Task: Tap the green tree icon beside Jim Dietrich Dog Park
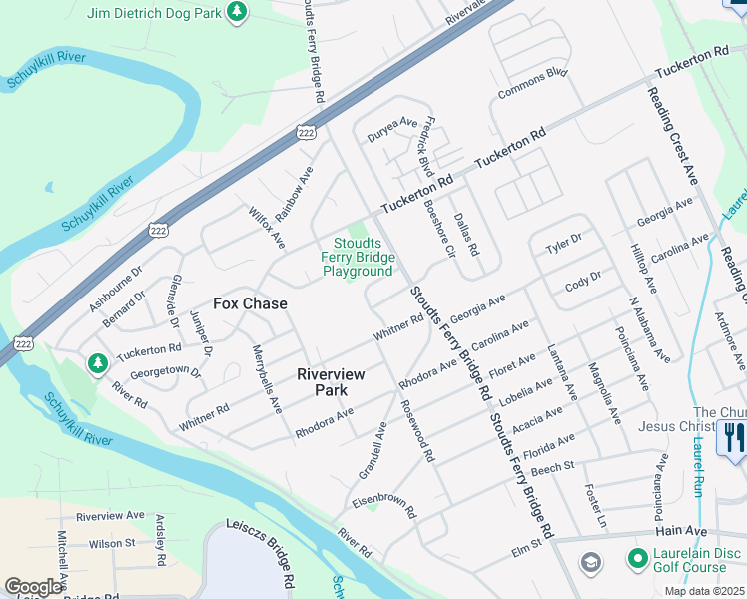(236, 13)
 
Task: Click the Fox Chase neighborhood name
(250, 303)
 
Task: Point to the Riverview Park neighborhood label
(331, 381)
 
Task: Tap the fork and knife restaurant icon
(732, 436)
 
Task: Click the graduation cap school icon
(590, 563)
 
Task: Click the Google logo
(33, 587)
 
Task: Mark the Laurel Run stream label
(689, 447)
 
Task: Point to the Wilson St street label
(112, 543)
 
